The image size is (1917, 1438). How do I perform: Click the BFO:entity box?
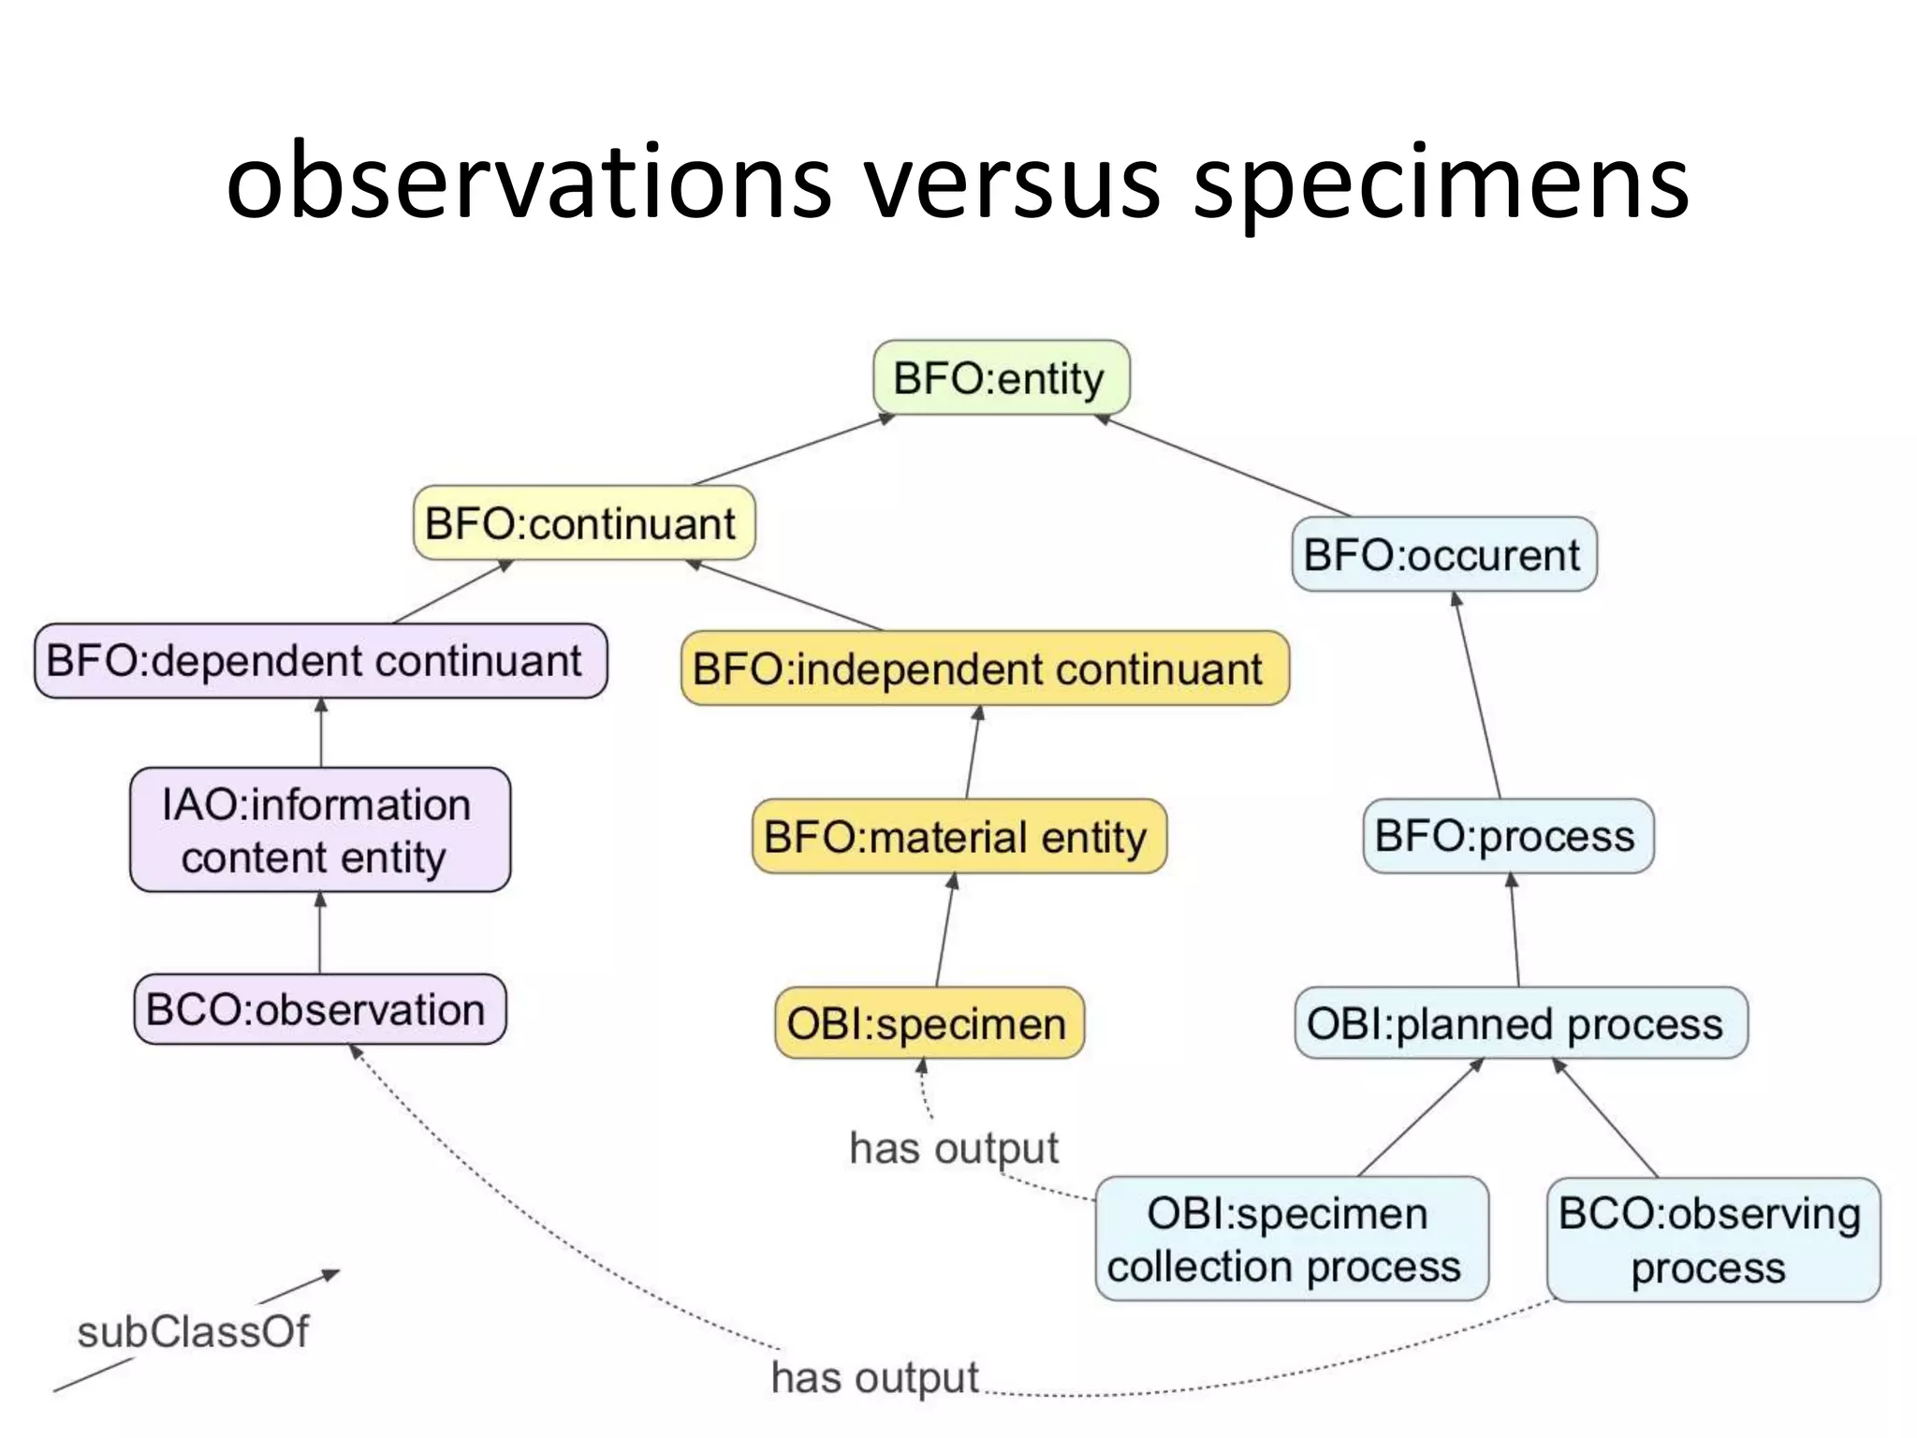click(1001, 378)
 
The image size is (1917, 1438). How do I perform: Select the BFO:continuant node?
click(583, 523)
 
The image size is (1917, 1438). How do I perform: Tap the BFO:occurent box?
click(1442, 554)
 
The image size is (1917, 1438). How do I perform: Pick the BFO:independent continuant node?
click(984, 668)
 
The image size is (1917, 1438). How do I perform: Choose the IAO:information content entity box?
click(319, 830)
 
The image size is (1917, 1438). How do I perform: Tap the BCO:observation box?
click(319, 1010)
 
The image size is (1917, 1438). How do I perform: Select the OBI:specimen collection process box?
click(1290, 1239)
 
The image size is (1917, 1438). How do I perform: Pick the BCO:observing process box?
click(1712, 1240)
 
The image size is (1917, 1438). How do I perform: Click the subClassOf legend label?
click(193, 1331)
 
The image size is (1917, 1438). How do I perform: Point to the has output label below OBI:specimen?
click(954, 1148)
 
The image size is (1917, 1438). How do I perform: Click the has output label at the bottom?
click(874, 1377)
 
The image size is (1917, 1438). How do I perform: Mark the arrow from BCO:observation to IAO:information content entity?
click(320, 932)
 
